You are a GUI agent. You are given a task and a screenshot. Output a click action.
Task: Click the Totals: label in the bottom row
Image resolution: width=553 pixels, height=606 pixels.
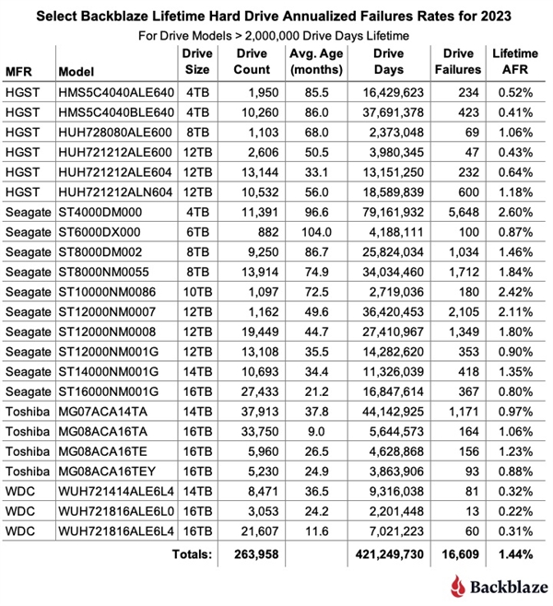(190, 554)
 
